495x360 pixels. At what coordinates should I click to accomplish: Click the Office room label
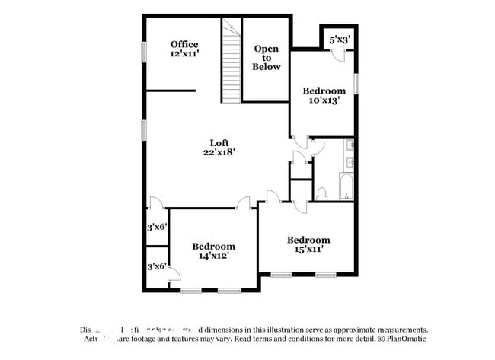tap(184, 44)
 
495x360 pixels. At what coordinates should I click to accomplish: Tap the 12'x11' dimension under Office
tap(184, 54)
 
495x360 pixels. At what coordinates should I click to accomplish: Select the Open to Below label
tap(267, 58)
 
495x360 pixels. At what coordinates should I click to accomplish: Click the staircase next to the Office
tap(231, 61)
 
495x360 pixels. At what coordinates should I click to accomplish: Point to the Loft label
tap(220, 142)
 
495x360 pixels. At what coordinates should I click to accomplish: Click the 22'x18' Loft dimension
tap(220, 152)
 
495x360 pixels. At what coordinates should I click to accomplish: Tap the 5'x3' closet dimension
tap(340, 39)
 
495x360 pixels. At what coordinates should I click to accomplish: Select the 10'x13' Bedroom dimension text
tap(324, 100)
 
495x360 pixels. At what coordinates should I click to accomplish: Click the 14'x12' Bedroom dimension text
tap(213, 256)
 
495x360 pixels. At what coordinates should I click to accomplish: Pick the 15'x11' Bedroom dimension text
tap(308, 249)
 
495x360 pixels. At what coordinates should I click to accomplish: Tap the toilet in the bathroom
tap(321, 193)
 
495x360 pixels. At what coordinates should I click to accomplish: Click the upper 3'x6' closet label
tap(157, 226)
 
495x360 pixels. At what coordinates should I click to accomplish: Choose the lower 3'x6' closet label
tap(157, 266)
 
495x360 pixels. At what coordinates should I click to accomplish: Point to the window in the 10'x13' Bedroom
tap(356, 83)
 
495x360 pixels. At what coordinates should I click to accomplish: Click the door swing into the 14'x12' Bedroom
tap(245, 203)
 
